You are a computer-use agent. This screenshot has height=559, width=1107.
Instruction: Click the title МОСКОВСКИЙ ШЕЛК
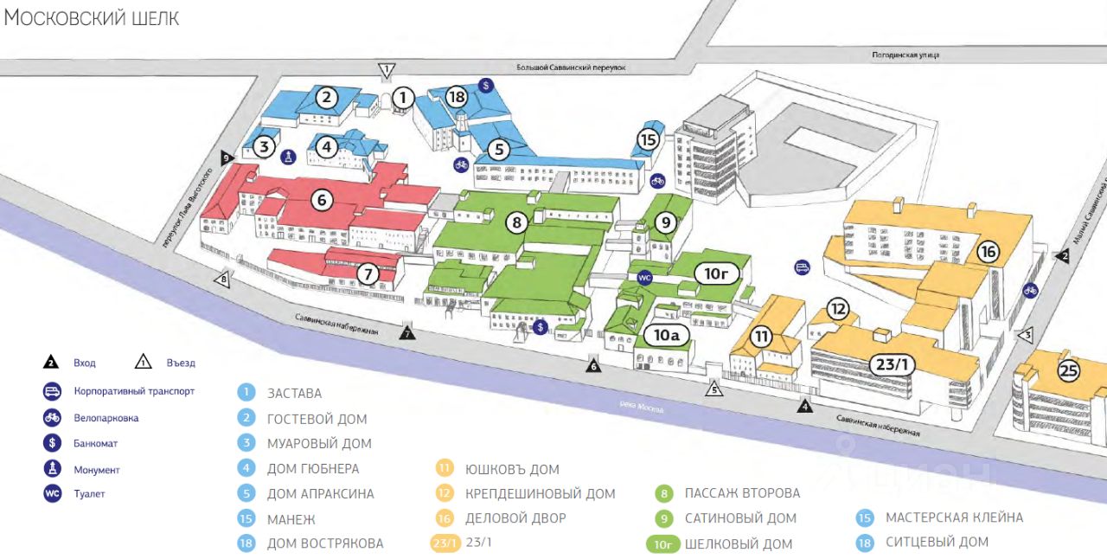point(92,18)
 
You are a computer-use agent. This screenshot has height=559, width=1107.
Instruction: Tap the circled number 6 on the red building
point(322,200)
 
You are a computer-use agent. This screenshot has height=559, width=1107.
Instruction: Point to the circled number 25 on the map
point(1069,371)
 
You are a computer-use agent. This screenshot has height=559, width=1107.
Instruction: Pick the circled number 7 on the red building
point(368,275)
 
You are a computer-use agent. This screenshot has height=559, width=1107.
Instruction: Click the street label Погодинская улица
point(906,55)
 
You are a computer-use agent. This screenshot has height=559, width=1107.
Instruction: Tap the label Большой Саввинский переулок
point(571,67)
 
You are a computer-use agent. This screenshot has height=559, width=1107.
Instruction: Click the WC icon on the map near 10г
point(643,278)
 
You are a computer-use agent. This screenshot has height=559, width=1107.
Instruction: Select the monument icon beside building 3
point(288,156)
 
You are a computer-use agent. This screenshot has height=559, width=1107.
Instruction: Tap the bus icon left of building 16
point(802,267)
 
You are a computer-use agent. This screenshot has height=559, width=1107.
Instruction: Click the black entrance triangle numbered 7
point(407,332)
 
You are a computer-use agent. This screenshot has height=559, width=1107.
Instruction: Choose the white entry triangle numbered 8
point(223,279)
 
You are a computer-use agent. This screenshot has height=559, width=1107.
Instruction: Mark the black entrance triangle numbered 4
point(805,405)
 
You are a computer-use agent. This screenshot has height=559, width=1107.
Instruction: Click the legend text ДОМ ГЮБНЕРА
point(313,469)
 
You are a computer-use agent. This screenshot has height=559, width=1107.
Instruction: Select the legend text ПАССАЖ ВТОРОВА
point(742,493)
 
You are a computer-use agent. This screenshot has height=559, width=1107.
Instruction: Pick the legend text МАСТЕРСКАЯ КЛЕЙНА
point(954,517)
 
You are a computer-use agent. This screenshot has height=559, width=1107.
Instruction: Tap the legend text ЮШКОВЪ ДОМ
point(512,470)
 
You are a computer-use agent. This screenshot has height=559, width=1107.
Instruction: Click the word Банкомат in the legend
point(96,443)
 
